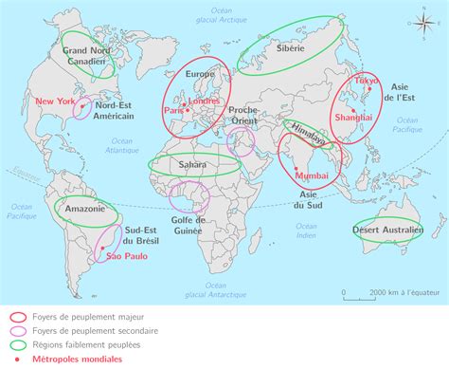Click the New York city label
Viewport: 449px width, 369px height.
click(x=53, y=100)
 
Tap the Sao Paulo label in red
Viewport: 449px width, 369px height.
click(x=125, y=255)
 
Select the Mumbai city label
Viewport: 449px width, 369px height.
click(x=312, y=176)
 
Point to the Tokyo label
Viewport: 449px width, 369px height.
click(x=366, y=82)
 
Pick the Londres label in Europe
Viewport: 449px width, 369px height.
click(x=205, y=100)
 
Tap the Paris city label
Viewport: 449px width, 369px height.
click(x=173, y=110)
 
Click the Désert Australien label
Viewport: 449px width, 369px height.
click(x=387, y=230)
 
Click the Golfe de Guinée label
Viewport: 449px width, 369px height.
click(x=188, y=226)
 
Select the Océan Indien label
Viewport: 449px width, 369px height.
click(x=305, y=230)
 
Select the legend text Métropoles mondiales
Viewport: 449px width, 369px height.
click(x=74, y=360)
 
